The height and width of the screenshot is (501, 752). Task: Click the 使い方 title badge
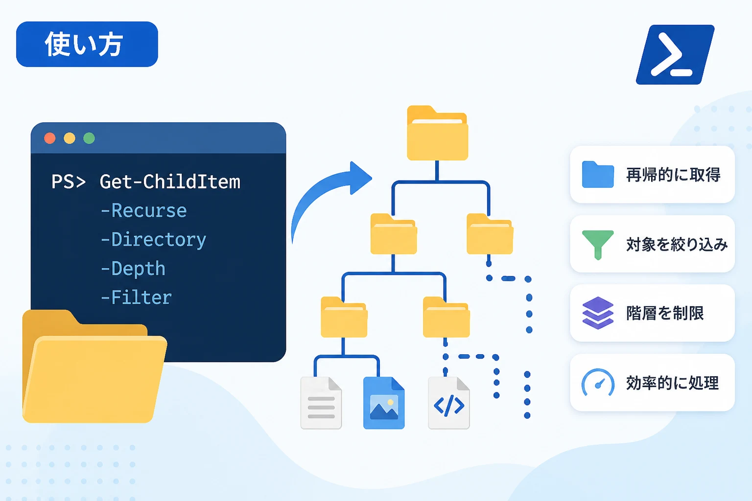point(87,45)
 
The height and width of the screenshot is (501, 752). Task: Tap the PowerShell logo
point(675,55)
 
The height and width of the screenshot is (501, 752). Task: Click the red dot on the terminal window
point(49,138)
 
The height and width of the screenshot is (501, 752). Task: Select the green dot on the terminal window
point(89,138)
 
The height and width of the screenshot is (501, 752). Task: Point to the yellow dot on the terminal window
point(70,138)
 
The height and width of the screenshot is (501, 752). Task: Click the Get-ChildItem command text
point(170,182)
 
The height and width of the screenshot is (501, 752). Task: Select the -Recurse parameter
point(143,211)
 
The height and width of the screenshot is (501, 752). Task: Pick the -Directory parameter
point(153,240)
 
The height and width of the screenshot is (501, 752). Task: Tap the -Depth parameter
point(133,269)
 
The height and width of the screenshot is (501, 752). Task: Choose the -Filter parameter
point(136,297)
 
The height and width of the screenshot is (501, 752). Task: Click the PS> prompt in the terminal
point(69,182)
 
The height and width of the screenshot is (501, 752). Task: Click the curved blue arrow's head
point(360,178)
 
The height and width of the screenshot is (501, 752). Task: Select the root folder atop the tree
point(437,133)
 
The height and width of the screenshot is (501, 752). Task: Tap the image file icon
point(384,403)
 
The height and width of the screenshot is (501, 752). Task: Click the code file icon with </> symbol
point(449,403)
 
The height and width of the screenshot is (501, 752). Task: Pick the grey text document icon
point(321,403)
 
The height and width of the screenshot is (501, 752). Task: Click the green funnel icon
point(598,245)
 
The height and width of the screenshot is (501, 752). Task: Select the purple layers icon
point(598,313)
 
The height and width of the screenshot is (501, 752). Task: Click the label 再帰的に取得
point(673,175)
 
